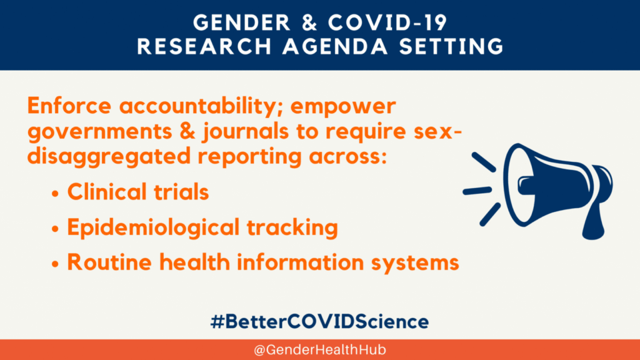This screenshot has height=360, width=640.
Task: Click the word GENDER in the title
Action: tap(242, 22)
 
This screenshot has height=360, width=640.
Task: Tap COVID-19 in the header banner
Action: tap(387, 22)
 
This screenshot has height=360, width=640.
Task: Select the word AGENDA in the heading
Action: tap(335, 46)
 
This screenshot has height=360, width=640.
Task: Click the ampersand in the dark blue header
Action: tap(309, 22)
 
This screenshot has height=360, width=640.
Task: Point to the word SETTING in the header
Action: tap(451, 46)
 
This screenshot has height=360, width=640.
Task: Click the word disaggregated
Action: tap(109, 157)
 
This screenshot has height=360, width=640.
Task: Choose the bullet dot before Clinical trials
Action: tap(56, 194)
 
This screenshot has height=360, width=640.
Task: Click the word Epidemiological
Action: tap(153, 227)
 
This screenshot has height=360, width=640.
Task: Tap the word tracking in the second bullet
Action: tap(292, 227)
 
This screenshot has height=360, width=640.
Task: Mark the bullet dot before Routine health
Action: tap(56, 264)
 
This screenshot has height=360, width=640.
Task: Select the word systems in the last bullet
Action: tap(415, 263)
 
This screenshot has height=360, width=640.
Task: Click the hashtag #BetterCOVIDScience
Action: tap(319, 322)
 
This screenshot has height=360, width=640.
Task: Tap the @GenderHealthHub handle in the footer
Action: tap(320, 350)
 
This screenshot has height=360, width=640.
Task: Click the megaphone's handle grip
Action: tap(594, 222)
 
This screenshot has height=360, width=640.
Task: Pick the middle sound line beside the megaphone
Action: tap(477, 191)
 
